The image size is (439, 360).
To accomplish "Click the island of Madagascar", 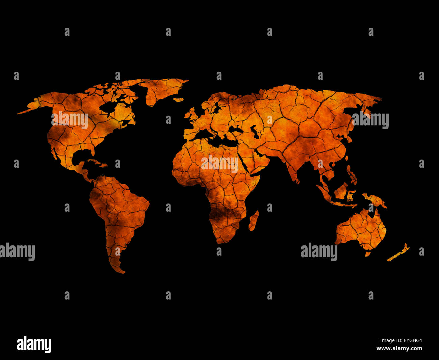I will [x=254, y=221].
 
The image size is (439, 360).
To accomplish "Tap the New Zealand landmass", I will [x=398, y=253].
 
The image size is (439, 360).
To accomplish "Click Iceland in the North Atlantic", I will [x=178, y=100].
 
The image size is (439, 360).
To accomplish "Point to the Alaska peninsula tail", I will [x=24, y=112].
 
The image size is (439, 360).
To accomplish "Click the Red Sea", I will [x=242, y=162].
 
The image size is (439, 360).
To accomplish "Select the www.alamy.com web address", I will [x=399, y=349].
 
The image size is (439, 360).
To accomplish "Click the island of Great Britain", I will [x=192, y=115].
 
